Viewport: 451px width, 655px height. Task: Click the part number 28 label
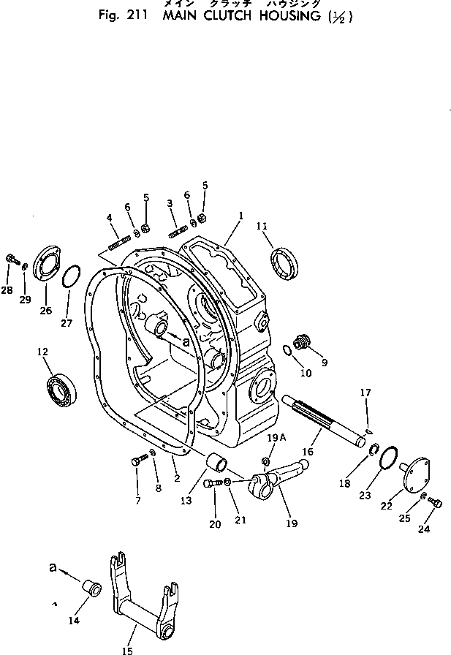[x=7, y=290]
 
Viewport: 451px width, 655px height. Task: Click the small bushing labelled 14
[x=90, y=587]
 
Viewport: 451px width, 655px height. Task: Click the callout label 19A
[x=273, y=438]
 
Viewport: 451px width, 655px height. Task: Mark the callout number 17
[x=365, y=393]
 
